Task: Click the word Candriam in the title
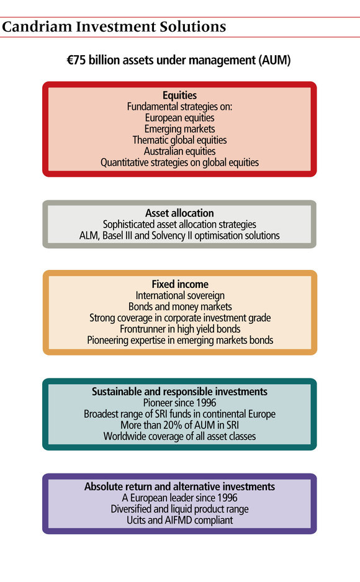[x=37, y=27]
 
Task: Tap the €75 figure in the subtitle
[x=76, y=60]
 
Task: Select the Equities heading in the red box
[x=179, y=96]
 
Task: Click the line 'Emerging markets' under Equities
[x=179, y=129]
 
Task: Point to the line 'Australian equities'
[x=179, y=151]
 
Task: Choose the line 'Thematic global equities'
[x=179, y=140]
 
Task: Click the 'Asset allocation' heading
[x=179, y=213]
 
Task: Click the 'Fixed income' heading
[x=180, y=284]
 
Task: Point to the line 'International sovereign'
[x=180, y=295]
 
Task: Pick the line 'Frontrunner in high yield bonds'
[x=180, y=329]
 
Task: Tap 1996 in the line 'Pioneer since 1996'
[x=206, y=403]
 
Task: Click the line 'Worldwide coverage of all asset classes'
[x=179, y=436]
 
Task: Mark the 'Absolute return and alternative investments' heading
[x=179, y=486]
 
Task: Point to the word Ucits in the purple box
[x=136, y=520]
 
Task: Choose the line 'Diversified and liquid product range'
[x=179, y=509]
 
